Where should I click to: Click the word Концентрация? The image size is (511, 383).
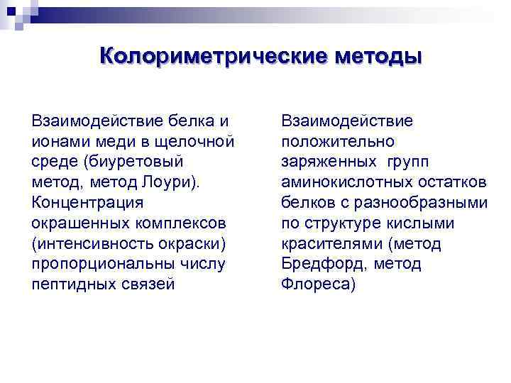point(87,203)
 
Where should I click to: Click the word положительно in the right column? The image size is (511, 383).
point(338,141)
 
